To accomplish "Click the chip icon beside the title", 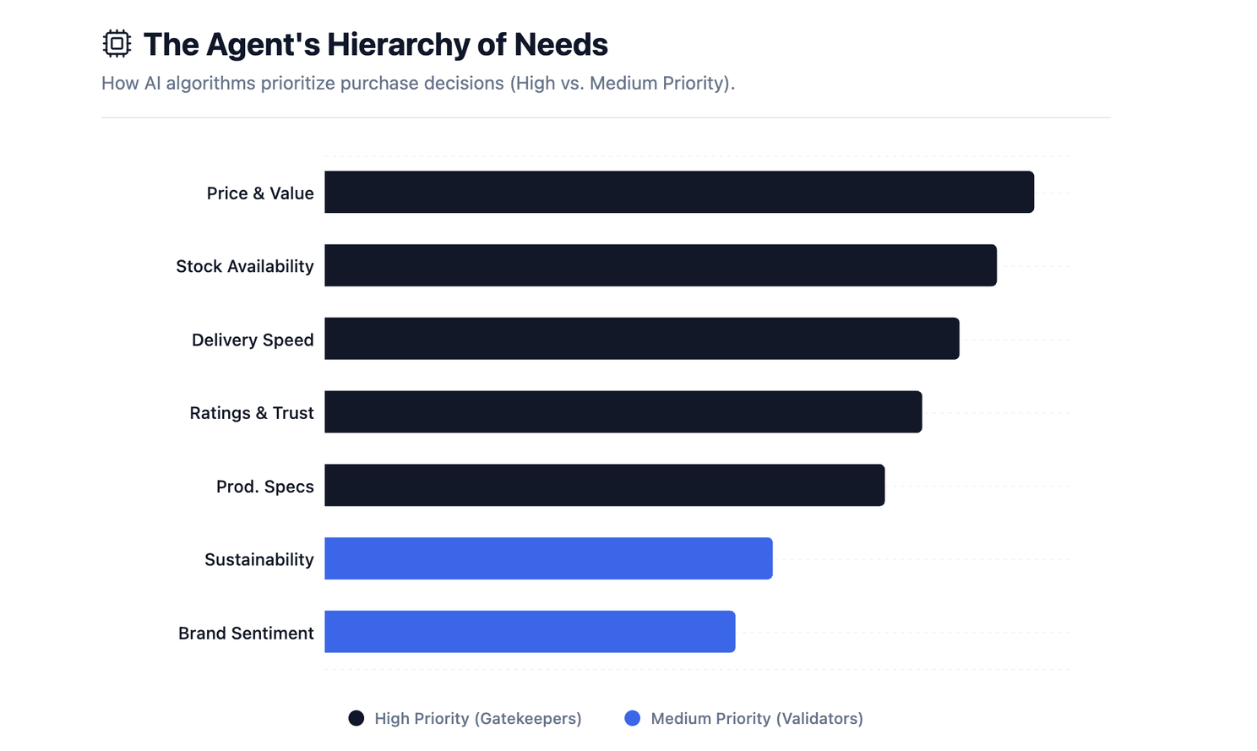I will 117,44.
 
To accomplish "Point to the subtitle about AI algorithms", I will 417,84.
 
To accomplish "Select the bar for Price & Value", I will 678,193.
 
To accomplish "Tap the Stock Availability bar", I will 660,265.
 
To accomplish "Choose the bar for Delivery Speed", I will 641,339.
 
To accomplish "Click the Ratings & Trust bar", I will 623,412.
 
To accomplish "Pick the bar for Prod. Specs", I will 604,486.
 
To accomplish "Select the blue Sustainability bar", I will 548,558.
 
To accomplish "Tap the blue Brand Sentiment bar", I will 530,632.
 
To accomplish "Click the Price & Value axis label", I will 260,193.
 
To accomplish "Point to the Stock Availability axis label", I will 245,267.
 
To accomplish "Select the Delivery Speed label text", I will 253,340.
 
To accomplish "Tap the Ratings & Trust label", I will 252,413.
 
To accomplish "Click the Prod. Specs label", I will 264,487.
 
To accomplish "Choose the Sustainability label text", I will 258,560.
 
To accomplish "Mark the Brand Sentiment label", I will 246,634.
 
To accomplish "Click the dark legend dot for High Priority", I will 356,718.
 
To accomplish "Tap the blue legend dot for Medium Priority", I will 632,718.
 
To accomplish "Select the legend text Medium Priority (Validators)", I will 756,719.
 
